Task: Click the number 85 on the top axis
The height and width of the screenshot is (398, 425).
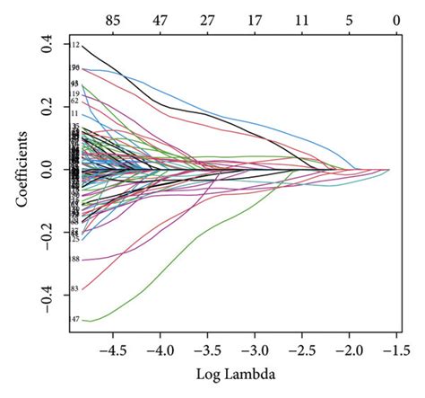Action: (x=112, y=18)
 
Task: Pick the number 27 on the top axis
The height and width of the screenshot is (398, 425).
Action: (x=207, y=18)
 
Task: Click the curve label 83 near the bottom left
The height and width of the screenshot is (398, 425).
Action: (x=75, y=288)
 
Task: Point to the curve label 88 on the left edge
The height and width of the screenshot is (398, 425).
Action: (x=75, y=260)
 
